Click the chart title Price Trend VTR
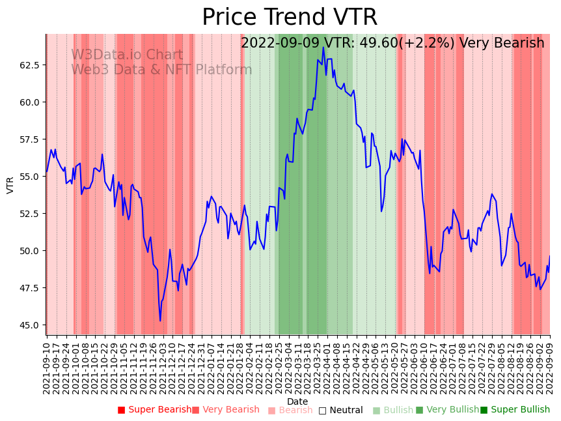[289, 18]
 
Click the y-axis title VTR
[10, 185]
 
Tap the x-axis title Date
[297, 401]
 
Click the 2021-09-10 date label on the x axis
[47, 366]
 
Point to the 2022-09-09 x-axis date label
[550, 366]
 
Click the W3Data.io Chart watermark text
[127, 55]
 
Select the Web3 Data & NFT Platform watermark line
[161, 70]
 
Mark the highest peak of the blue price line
[323, 47]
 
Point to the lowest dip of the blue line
[160, 321]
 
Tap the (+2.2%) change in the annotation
[425, 44]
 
